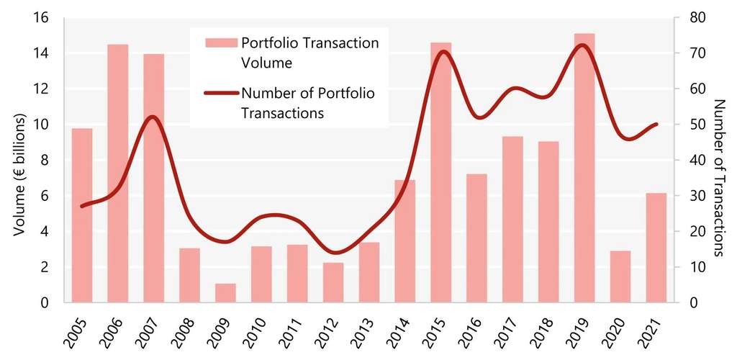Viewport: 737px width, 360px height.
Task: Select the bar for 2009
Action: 225,293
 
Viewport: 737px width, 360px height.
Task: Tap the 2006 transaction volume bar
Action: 117,173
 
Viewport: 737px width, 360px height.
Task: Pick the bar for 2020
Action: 620,276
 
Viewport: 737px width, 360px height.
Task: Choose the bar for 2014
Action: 405,241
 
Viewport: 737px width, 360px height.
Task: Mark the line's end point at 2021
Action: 656,125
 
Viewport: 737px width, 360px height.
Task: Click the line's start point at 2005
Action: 82,206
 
